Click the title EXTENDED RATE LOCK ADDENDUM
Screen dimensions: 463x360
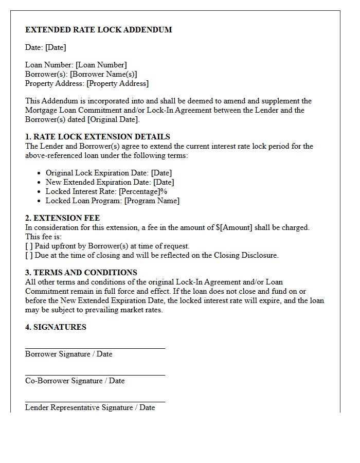98,30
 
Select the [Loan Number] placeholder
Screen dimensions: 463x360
101,65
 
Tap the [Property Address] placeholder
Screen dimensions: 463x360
117,83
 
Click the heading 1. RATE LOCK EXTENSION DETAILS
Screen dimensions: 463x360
98,137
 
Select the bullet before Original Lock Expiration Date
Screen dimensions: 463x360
40,173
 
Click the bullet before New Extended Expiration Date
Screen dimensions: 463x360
40,183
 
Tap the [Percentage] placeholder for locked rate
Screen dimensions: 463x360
139,191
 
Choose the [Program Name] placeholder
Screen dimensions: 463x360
152,201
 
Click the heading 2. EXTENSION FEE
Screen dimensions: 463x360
62,218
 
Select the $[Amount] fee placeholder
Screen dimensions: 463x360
234,227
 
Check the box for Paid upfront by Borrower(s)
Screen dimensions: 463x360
29,246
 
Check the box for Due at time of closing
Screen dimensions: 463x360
29,255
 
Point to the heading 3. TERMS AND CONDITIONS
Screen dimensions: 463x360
81,273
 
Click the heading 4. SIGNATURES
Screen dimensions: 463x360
56,327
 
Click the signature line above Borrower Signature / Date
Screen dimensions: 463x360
95,348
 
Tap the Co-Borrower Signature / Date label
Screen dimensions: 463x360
75,381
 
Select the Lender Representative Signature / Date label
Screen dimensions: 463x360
90,407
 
